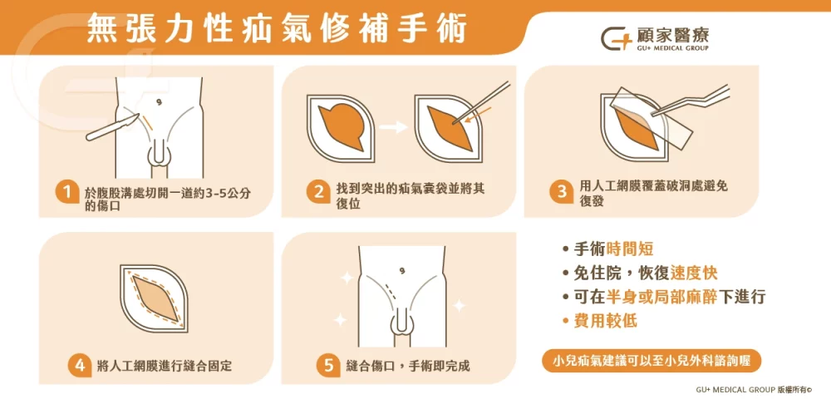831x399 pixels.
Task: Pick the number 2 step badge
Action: click(x=317, y=192)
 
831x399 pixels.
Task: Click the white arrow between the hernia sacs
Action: click(x=394, y=127)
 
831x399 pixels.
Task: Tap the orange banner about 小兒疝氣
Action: click(x=652, y=361)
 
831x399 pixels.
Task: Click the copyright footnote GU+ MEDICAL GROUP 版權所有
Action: click(x=753, y=388)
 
